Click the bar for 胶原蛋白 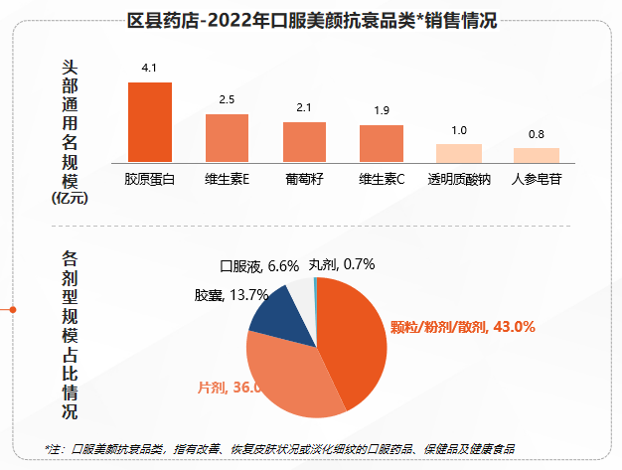pos(150,121)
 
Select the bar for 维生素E pos(227,137)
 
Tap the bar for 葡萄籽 pos(304,141)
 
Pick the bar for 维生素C pos(382,143)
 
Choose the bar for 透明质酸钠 pos(459,152)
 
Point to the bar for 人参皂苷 pos(537,154)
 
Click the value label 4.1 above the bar pos(150,69)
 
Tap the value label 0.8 pos(537,134)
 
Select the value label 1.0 pos(459,130)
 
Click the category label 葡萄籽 pos(304,181)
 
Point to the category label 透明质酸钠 pos(459,181)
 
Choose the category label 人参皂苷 pos(537,181)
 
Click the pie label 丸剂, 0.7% pos(341,264)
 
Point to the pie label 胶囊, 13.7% pos(232,295)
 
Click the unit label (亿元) pos(70,199)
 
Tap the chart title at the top pos(312,19)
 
